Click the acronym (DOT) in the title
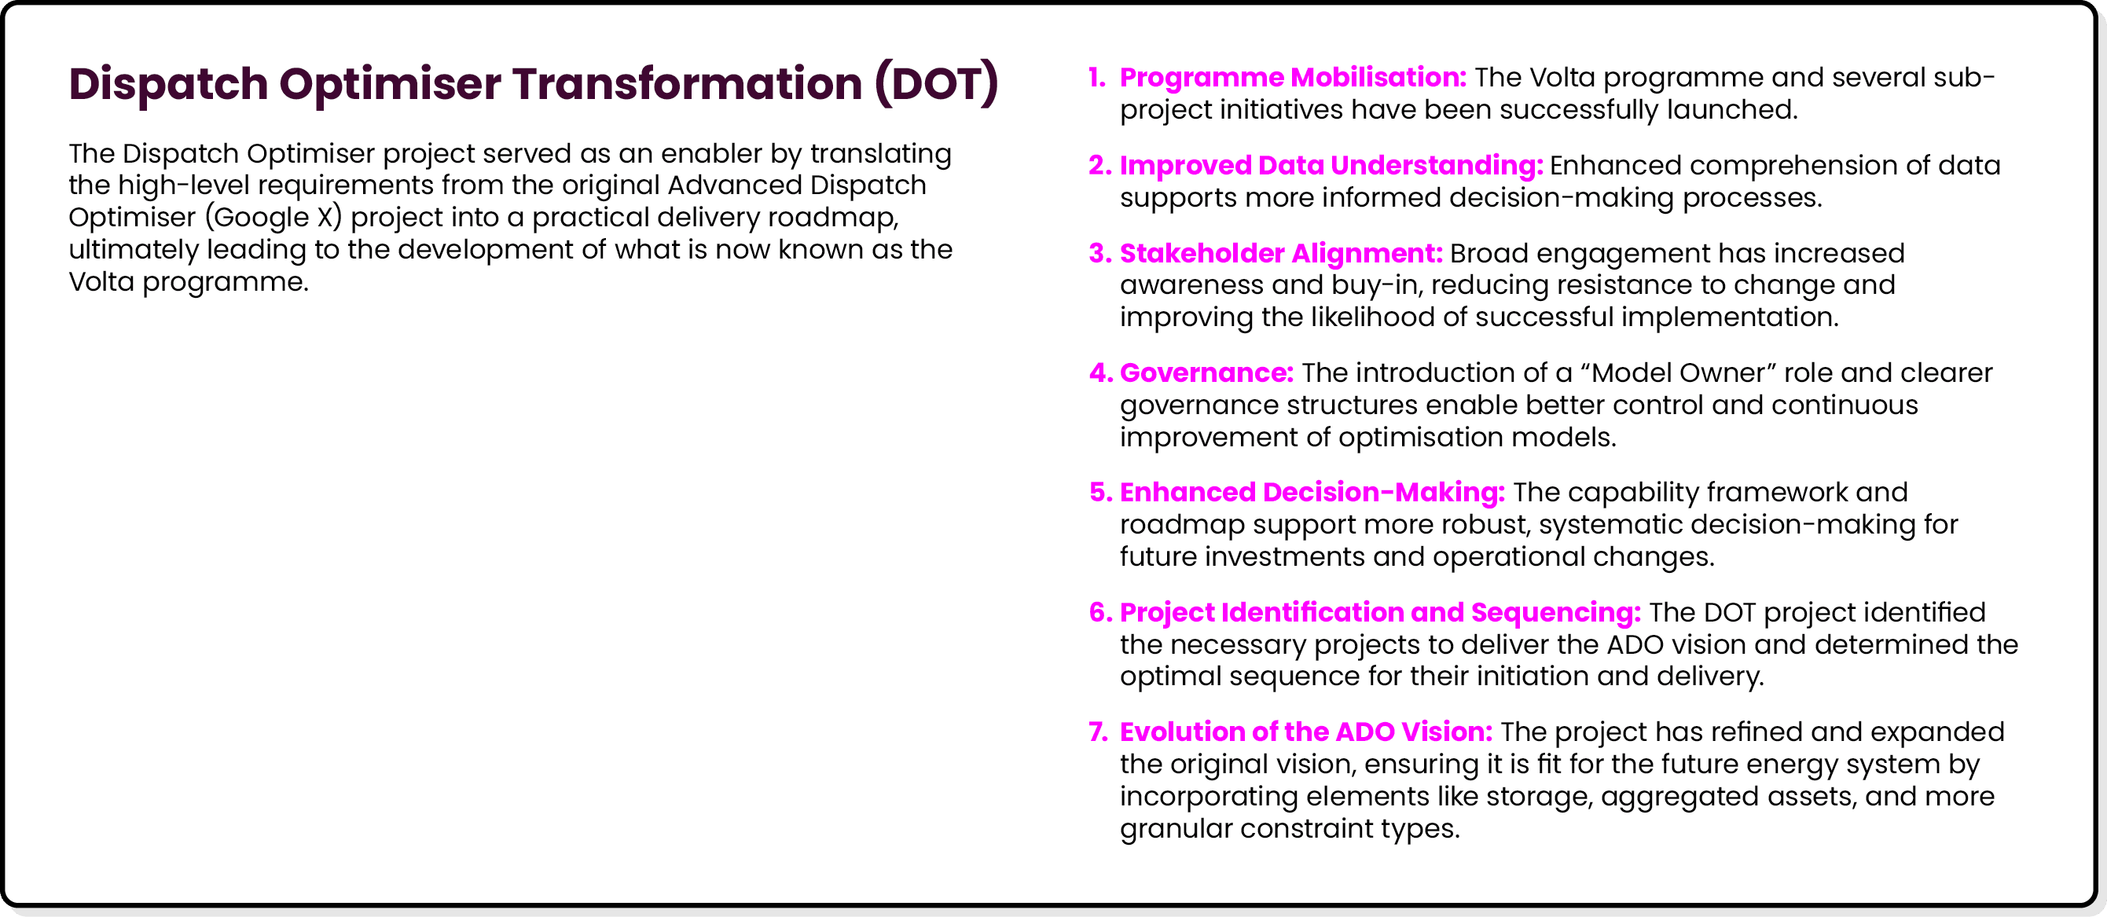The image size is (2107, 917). click(936, 83)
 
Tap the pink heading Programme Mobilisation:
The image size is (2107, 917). click(1292, 78)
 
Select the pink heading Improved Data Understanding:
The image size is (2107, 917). click(1331, 165)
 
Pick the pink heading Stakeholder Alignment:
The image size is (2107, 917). click(1280, 254)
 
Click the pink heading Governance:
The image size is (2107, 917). click(1206, 373)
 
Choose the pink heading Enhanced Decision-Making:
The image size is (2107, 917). click(1312, 493)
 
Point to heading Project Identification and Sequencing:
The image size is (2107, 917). click(1380, 613)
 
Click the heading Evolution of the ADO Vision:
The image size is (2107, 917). click(1305, 732)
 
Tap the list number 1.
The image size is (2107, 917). click(1097, 78)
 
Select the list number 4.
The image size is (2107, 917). click(1100, 373)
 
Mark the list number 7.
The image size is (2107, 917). click(1098, 732)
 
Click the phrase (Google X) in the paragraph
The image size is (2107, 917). click(274, 218)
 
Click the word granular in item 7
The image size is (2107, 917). click(1176, 829)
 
